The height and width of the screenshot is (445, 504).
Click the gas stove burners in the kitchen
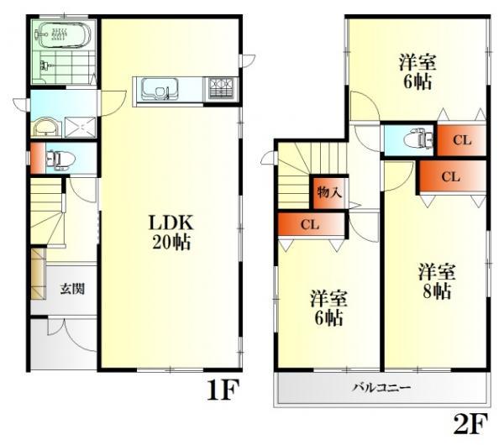[221, 86]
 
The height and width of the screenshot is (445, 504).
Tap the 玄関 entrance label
[71, 290]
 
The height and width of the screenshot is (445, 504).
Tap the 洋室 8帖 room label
[437, 281]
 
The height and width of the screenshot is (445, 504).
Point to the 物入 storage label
[328, 192]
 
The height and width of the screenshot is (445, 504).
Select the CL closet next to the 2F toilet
[461, 139]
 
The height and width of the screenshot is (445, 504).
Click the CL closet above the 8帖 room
[451, 177]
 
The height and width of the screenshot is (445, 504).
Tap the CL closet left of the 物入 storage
[309, 225]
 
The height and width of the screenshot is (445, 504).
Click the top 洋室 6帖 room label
[417, 71]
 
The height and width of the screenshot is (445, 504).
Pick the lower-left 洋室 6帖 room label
[328, 308]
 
